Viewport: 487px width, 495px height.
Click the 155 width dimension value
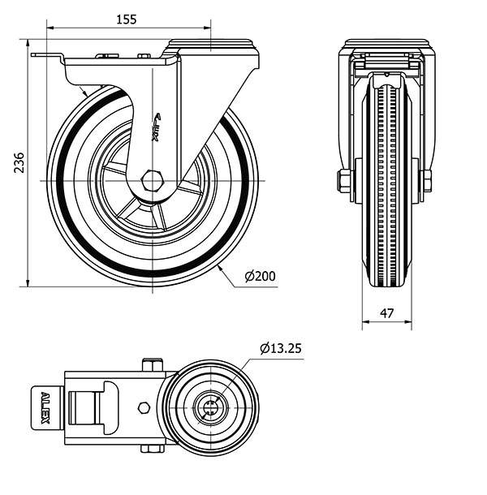[127, 19]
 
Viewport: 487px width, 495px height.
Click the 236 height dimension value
[19, 162]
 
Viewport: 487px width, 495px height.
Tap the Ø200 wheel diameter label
[261, 276]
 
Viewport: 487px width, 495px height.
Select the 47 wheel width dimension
[387, 313]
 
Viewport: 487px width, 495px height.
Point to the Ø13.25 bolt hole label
[281, 348]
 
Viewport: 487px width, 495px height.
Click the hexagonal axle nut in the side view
[153, 181]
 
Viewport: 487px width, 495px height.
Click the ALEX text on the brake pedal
[45, 408]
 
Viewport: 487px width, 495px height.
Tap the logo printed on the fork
[157, 127]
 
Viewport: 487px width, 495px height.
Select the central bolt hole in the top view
[209, 407]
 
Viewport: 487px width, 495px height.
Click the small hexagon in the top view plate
[144, 407]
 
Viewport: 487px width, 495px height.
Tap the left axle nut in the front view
[343, 181]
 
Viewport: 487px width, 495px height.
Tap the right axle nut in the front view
[427, 181]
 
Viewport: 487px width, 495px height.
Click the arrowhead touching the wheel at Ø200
[221, 269]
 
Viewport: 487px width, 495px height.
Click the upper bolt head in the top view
[153, 364]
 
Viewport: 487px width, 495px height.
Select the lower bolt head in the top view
[153, 449]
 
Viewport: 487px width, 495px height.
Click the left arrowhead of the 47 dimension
[365, 322]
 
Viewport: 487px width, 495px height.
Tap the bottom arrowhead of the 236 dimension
[28, 283]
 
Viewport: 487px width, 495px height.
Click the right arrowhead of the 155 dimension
[207, 28]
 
